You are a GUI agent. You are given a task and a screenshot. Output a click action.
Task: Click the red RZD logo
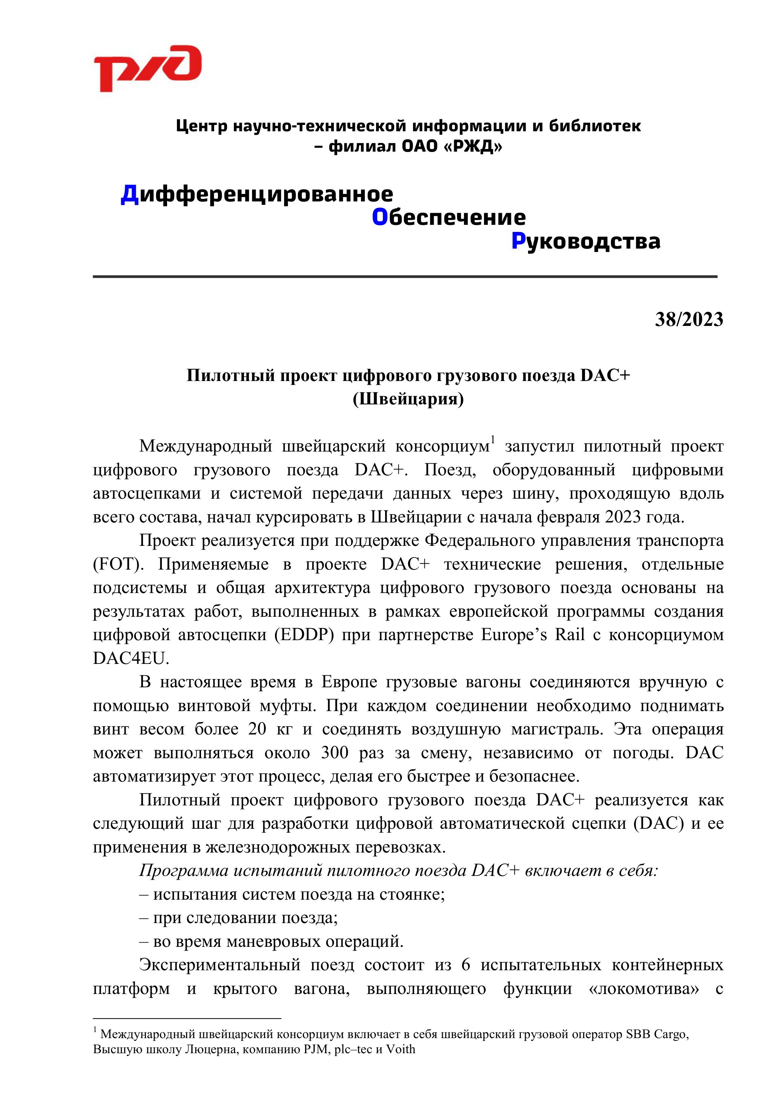point(147,68)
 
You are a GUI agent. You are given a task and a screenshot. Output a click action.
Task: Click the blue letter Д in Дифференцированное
point(129,194)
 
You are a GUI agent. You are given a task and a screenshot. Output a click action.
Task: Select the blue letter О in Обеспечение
point(379,218)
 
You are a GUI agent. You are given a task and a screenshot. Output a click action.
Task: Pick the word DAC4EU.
point(131,658)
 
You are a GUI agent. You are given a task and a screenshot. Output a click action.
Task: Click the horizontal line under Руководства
point(405,277)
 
